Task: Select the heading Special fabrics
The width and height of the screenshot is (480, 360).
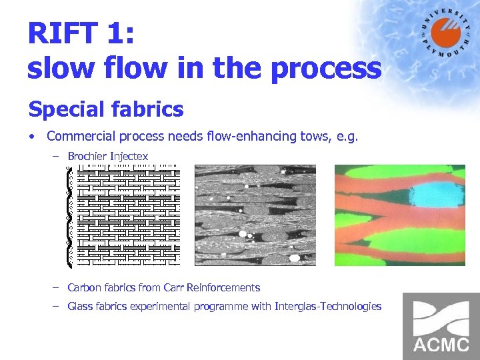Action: tap(105, 109)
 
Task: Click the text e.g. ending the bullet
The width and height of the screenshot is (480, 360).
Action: tap(348, 137)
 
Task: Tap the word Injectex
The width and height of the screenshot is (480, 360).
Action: tap(129, 156)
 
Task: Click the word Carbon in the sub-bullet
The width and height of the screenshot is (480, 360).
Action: tap(83, 288)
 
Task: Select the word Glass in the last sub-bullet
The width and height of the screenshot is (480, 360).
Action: tap(80, 307)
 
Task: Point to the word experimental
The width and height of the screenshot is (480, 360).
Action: tap(161, 307)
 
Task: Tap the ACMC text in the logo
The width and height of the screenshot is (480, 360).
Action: tap(441, 345)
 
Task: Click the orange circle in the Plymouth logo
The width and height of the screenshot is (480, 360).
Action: tap(441, 34)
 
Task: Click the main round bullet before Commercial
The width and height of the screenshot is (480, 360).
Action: tap(31, 137)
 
